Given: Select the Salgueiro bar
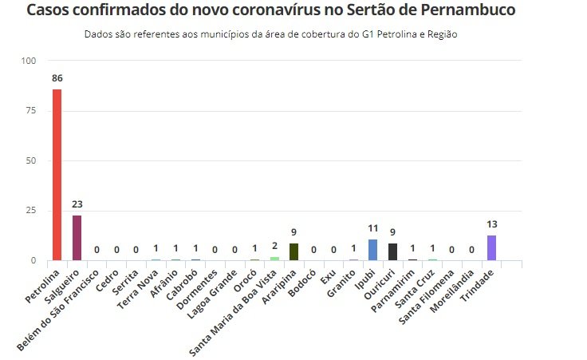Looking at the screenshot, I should tap(77, 238).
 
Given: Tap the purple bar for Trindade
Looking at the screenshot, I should tap(491, 247).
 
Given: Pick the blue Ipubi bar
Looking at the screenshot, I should tap(372, 250).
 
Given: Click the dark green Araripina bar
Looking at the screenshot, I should tap(293, 251).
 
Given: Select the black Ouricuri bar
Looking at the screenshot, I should tap(392, 251).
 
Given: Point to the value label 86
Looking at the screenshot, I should tap(57, 79).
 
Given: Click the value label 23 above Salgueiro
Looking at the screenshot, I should tap(77, 204).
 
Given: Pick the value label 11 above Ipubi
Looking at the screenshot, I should tap(372, 229).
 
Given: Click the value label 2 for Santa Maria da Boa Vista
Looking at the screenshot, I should tap(274, 247).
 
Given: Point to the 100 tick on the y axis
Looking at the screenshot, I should tap(30, 61).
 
